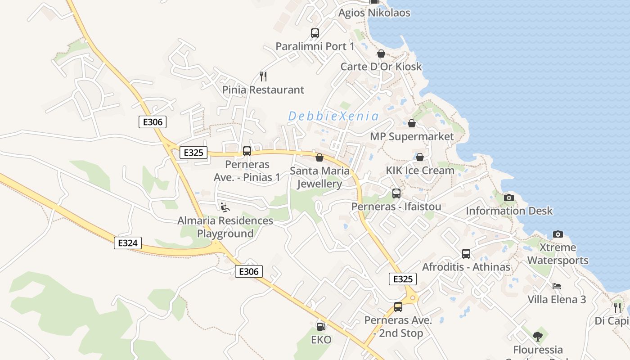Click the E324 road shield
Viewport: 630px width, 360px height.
(x=127, y=243)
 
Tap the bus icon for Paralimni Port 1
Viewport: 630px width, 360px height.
(x=315, y=33)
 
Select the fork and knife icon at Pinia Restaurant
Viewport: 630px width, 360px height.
(x=263, y=76)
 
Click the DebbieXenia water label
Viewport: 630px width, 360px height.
(x=333, y=116)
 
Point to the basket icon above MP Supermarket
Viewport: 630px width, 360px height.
(x=412, y=123)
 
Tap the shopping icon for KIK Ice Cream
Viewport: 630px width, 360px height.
(x=420, y=157)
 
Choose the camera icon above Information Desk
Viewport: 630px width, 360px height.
(x=509, y=198)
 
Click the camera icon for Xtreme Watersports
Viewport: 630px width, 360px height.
(x=558, y=234)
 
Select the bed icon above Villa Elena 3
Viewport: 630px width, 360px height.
(x=557, y=286)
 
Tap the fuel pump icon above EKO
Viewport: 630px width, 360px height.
(x=321, y=326)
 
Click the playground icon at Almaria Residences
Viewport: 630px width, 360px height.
(x=225, y=207)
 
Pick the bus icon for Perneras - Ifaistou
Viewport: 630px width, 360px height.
(x=396, y=193)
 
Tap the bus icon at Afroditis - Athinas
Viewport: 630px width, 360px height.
(x=466, y=254)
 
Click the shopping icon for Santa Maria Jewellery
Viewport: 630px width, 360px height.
(x=319, y=157)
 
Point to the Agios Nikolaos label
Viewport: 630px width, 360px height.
(x=374, y=13)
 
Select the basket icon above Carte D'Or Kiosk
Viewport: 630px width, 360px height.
(x=381, y=54)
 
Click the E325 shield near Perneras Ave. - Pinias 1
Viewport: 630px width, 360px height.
(x=193, y=153)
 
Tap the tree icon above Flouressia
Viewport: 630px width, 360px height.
(x=537, y=336)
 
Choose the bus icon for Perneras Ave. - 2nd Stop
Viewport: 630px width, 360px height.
(x=398, y=307)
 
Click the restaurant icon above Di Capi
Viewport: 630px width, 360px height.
(x=617, y=307)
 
